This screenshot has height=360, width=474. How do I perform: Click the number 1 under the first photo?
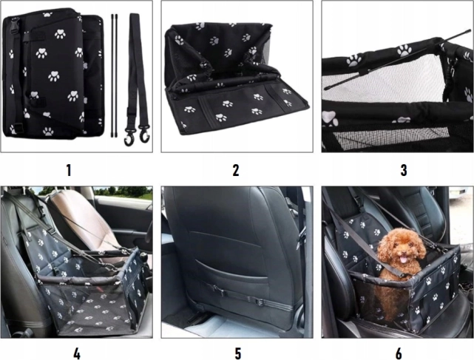[x=69, y=171]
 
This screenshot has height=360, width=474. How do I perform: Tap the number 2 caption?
[x=236, y=171]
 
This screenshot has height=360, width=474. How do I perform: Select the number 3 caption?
[x=404, y=171]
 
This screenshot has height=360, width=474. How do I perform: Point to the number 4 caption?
[x=77, y=353]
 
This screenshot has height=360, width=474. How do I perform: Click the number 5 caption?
[x=238, y=353]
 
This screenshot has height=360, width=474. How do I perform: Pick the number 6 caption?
[x=399, y=353]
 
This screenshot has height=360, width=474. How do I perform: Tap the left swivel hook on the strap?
[x=129, y=137]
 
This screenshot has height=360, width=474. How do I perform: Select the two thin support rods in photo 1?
[x=114, y=75]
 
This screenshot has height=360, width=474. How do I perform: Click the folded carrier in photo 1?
[x=53, y=73]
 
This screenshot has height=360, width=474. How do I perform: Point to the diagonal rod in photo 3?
[x=398, y=60]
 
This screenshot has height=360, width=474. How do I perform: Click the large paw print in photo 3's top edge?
[x=404, y=50]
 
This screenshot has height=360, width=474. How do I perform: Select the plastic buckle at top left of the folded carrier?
[x=14, y=25]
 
